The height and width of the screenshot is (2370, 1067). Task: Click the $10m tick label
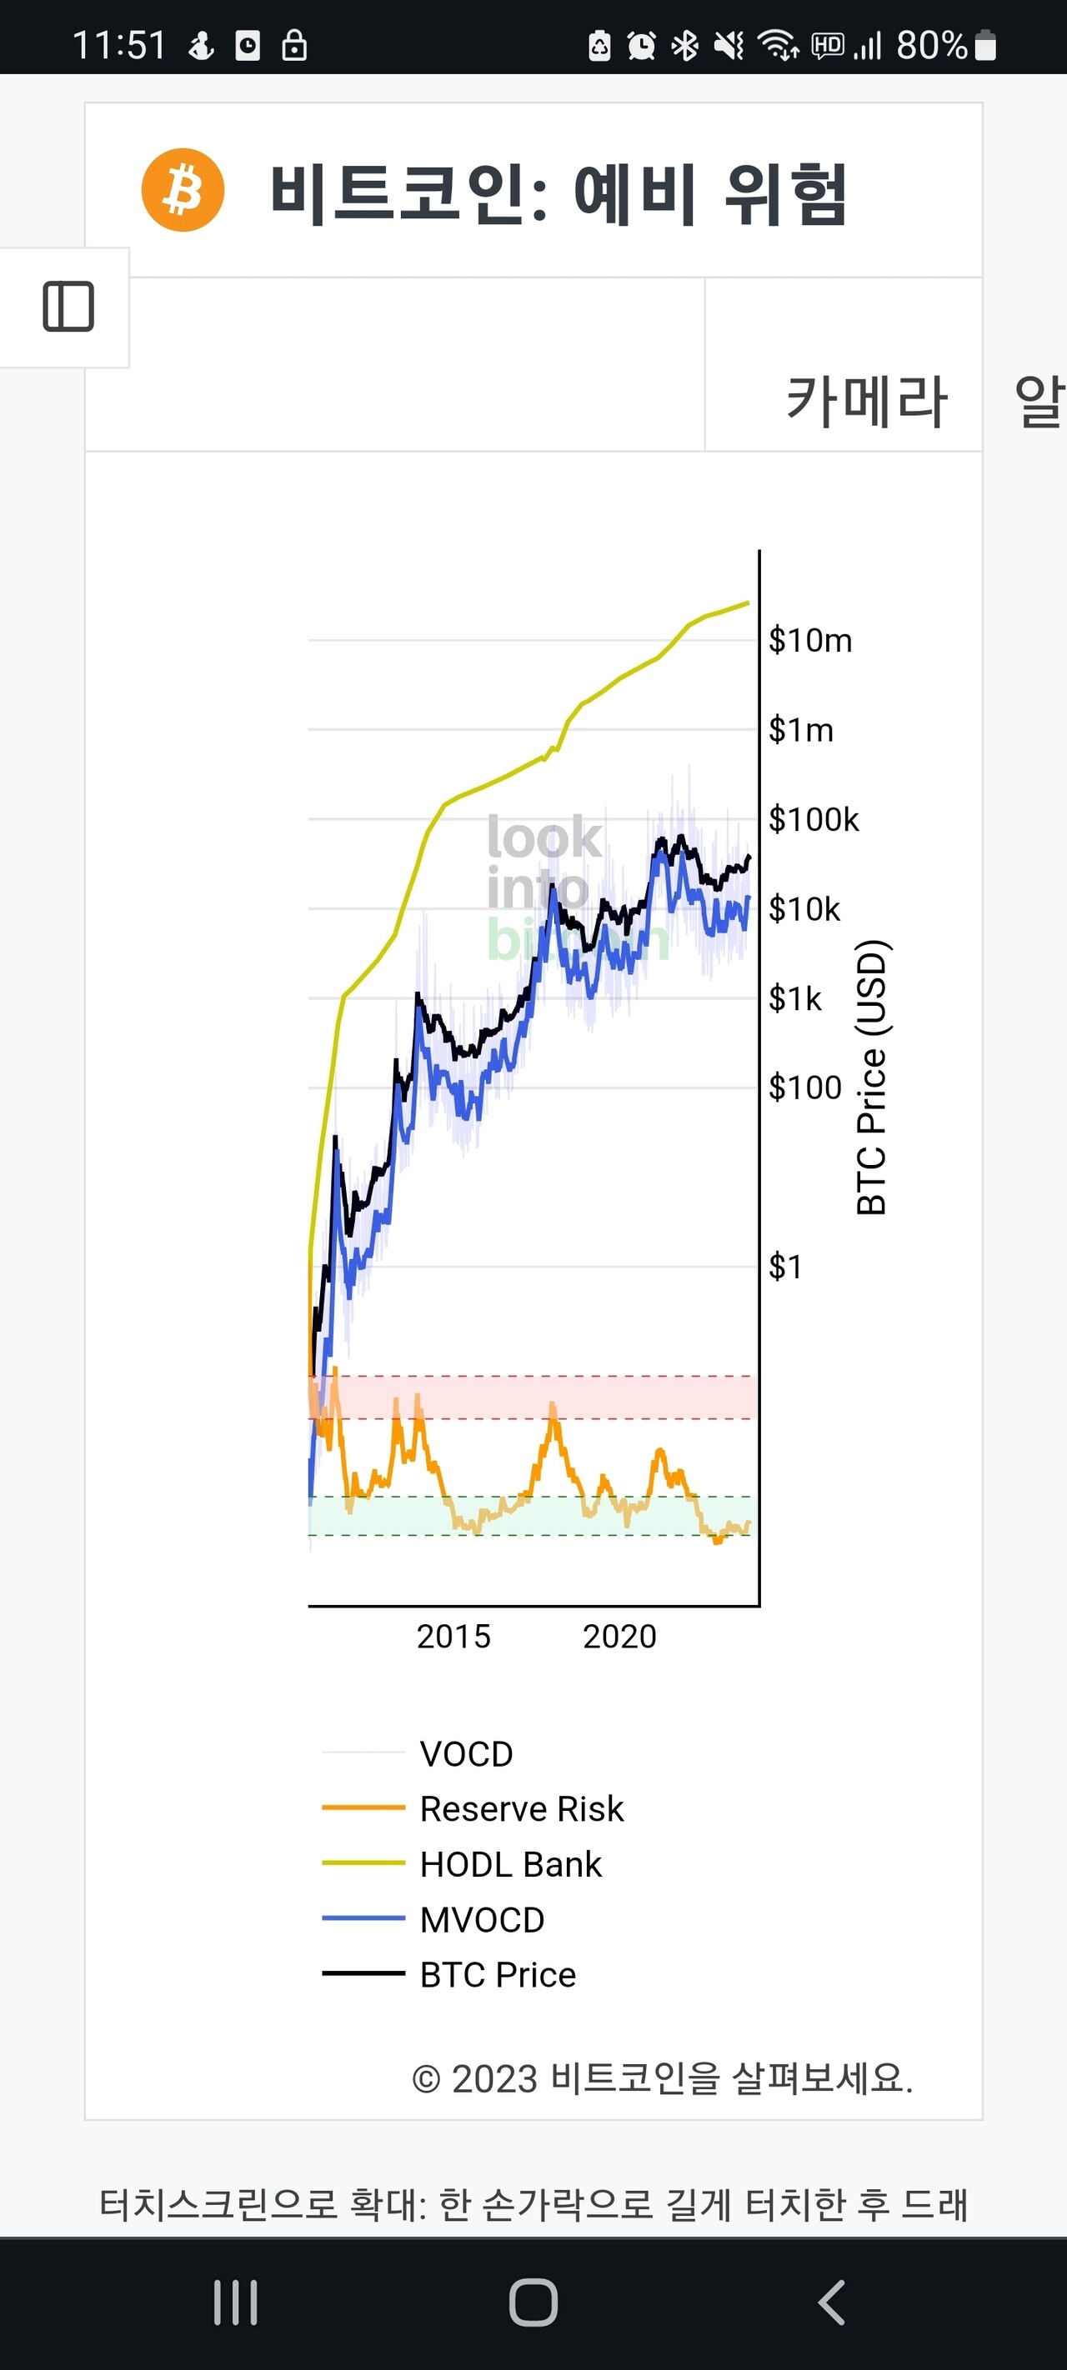[810, 640]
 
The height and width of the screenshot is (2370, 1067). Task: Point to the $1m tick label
[801, 731]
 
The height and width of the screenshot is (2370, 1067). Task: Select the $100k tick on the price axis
[813, 820]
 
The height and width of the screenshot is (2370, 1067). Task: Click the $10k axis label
[804, 909]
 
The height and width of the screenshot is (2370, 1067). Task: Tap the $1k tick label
[794, 998]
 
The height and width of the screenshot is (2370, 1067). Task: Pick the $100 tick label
[804, 1087]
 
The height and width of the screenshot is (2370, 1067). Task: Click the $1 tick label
[785, 1267]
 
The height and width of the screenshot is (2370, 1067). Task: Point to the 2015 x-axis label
[453, 1637]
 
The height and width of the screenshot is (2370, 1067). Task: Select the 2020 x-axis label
[619, 1637]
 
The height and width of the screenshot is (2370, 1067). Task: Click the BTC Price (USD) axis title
[871, 1077]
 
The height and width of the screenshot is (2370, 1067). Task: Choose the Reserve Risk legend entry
[521, 1809]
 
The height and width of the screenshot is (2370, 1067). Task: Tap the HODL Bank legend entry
[510, 1864]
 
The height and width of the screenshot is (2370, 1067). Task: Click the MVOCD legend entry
[482, 1919]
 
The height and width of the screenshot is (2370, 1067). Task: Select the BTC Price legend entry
[497, 1974]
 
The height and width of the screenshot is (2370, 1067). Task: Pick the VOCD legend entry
[466, 1753]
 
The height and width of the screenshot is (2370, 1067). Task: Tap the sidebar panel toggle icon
[68, 307]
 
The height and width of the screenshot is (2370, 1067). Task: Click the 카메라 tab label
[866, 402]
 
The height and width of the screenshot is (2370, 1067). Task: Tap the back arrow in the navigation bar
[831, 2302]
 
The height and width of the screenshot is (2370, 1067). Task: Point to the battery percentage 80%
[931, 44]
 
